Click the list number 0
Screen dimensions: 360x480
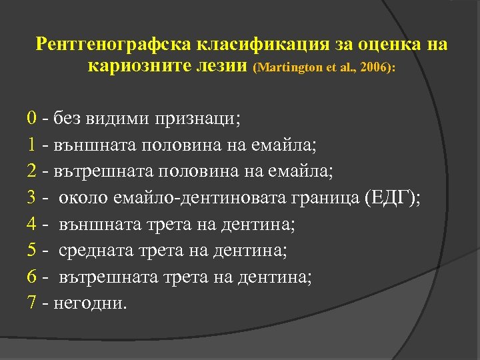32,119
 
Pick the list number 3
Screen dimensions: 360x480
32,199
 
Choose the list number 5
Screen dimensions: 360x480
32,251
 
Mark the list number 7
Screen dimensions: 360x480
32,303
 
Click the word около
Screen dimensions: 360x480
79,199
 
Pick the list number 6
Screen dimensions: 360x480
32,277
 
